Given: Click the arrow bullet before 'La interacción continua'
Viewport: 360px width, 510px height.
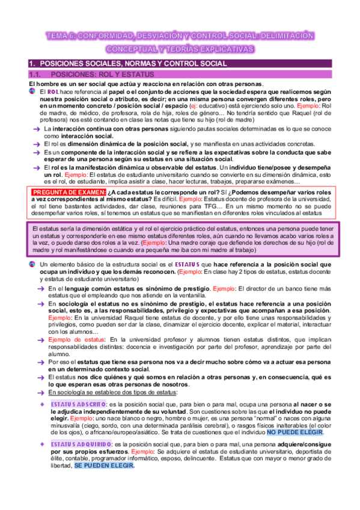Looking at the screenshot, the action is click(37, 129).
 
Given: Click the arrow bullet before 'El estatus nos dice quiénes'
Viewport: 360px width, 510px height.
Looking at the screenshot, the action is click(37, 376).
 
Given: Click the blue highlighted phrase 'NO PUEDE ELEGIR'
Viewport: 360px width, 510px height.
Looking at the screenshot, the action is click(294, 432).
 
